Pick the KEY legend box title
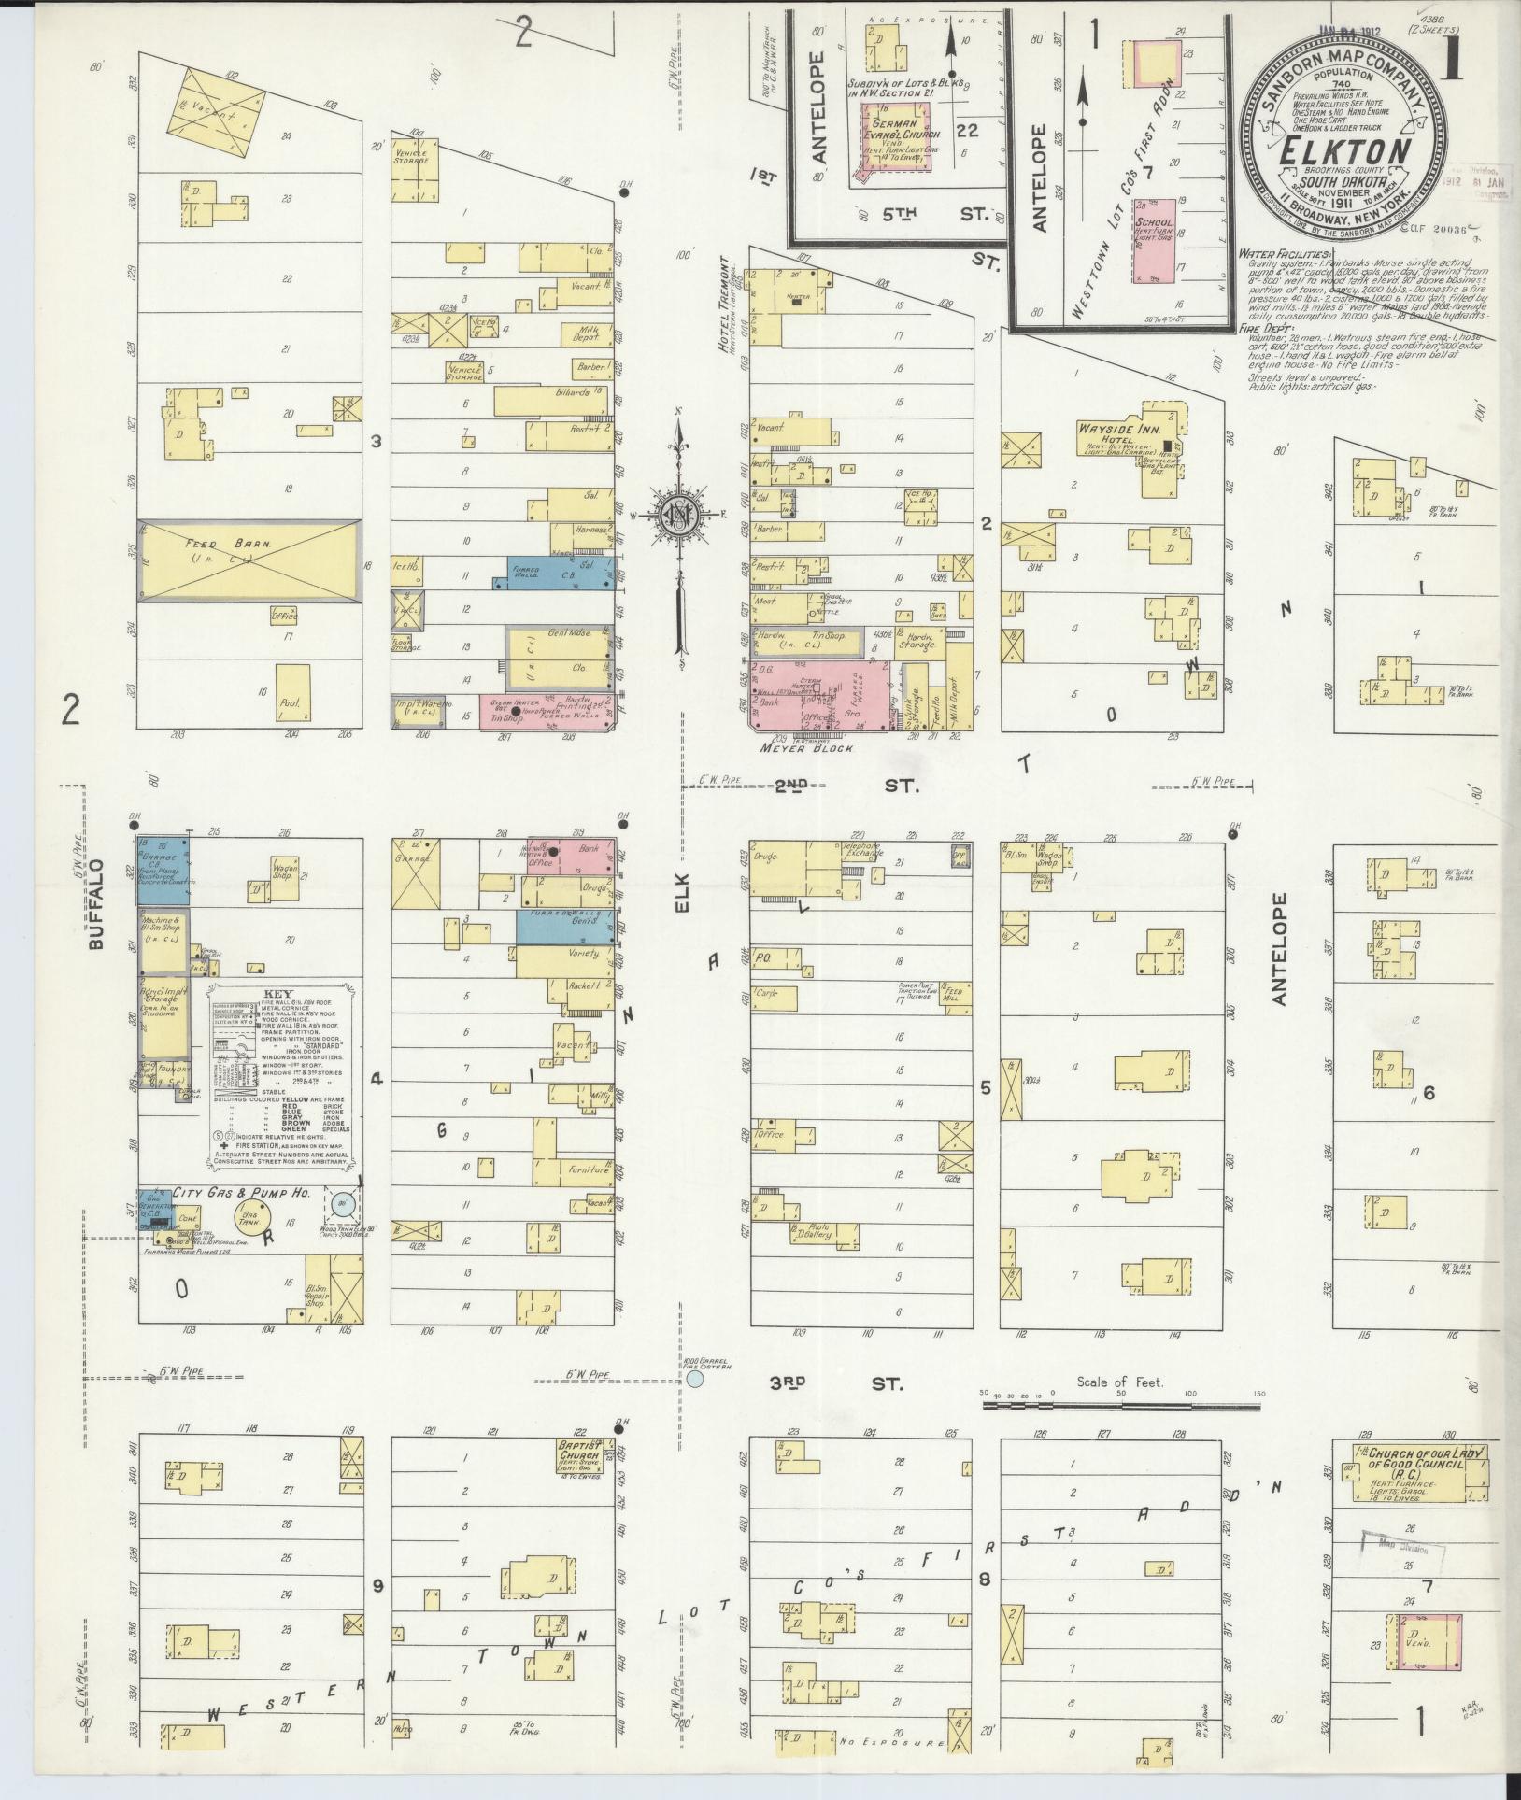(278, 995)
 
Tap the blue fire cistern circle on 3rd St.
(694, 1379)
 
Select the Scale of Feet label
(1119, 1382)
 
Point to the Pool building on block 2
(292, 693)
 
